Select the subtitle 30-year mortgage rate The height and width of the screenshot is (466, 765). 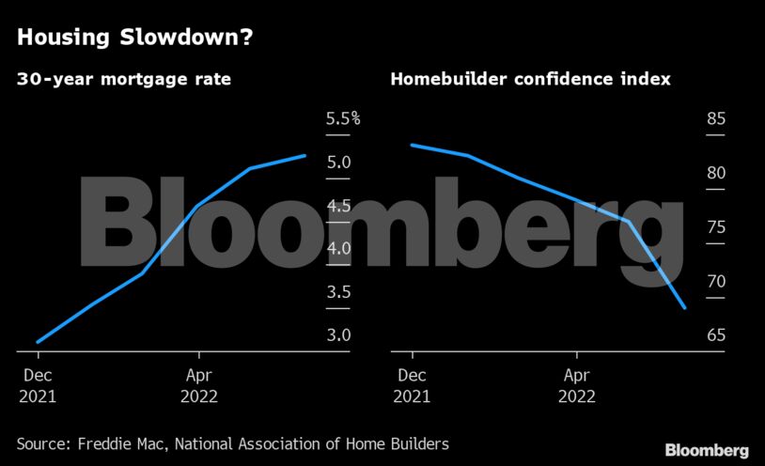[124, 80]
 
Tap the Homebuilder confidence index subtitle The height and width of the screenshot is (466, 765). [530, 80]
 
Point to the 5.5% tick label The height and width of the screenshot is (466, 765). [343, 119]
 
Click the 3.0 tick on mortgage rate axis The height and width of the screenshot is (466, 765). [338, 335]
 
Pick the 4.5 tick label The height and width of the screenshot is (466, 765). [338, 206]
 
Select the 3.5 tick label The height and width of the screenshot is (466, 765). [338, 292]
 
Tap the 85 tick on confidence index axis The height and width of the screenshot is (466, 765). [716, 119]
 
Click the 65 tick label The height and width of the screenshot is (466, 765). [716, 335]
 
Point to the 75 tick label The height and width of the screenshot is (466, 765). [716, 227]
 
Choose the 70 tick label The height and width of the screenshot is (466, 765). [716, 282]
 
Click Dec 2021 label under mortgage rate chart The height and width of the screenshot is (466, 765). [38, 384]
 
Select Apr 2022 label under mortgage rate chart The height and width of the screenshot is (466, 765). [198, 384]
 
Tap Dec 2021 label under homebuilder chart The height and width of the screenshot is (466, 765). [412, 384]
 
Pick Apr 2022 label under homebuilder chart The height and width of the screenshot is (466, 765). [576, 384]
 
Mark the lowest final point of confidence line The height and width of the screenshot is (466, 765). [685, 307]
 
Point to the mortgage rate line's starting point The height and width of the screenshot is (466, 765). [38, 342]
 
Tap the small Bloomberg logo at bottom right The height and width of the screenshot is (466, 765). [707, 450]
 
